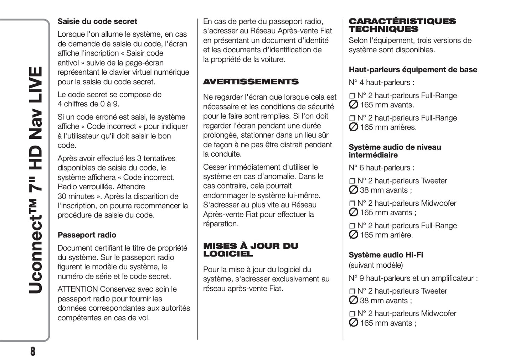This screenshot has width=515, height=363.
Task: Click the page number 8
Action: tap(32, 351)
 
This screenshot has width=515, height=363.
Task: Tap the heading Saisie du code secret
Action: tap(97, 21)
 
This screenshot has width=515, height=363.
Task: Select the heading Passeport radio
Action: tap(87, 235)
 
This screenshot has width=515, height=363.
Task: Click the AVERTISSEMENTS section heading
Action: tap(251, 82)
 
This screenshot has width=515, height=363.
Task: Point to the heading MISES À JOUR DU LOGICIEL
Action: tap(251, 250)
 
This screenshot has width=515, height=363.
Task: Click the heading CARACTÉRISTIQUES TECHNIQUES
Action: tap(402, 25)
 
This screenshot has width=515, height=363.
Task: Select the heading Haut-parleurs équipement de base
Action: tap(413, 70)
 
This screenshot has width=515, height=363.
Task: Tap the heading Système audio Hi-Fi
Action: tap(386, 255)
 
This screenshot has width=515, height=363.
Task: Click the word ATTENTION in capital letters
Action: tap(78, 289)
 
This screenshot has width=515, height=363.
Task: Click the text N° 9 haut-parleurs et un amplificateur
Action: tap(413, 278)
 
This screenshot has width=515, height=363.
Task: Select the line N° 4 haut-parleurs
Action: tap(381, 83)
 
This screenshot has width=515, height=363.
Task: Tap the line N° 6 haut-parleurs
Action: tap(381, 168)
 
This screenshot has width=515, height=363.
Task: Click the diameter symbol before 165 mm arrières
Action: tap(353, 127)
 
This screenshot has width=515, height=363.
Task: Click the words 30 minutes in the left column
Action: tap(76, 196)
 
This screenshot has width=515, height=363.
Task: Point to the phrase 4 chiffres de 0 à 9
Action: tap(88, 104)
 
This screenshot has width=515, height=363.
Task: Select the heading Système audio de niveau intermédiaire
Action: tap(395, 151)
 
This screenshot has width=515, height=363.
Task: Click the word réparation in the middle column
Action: tap(221, 224)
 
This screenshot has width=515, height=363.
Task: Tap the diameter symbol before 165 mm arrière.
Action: tap(353, 235)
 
